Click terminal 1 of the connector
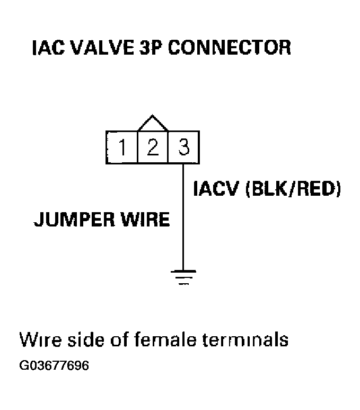pyautogui.click(x=121, y=147)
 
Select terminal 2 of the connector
pyautogui.click(x=152, y=147)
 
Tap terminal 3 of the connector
pyautogui.click(x=183, y=147)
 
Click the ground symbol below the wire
pyautogui.click(x=183, y=277)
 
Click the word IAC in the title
pyautogui.click(x=48, y=48)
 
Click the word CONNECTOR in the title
pyautogui.click(x=229, y=48)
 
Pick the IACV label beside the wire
pyautogui.click(x=216, y=188)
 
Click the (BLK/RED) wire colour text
pyautogui.click(x=293, y=189)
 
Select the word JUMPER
pyautogui.click(x=75, y=219)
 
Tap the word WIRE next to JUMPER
pyautogui.click(x=145, y=219)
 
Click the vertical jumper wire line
pyautogui.click(x=183, y=217)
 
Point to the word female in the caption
pyautogui.click(x=165, y=339)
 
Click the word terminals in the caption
pyautogui.click(x=245, y=339)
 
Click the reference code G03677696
pyautogui.click(x=54, y=365)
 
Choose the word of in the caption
pyautogui.click(x=119, y=339)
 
